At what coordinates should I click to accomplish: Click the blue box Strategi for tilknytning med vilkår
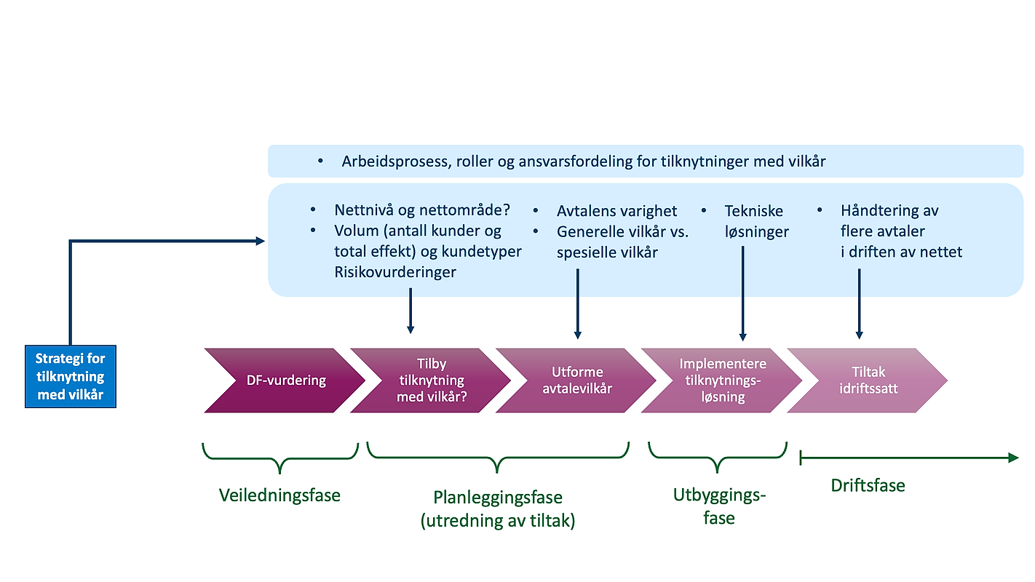70,376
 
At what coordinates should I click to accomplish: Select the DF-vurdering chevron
284,380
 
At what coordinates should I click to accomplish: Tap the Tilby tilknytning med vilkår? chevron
431,380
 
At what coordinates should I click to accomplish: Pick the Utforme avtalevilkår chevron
576,380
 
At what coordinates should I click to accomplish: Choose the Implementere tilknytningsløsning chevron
722,380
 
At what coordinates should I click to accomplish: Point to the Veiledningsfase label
279,495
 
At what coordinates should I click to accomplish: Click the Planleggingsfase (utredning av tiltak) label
498,509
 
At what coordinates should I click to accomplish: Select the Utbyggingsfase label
718,507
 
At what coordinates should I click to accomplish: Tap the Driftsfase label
868,485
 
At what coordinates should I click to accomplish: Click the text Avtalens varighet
616,211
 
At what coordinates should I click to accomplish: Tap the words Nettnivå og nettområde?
422,210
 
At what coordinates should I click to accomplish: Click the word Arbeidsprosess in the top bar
394,162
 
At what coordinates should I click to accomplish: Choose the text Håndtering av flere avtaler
889,221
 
